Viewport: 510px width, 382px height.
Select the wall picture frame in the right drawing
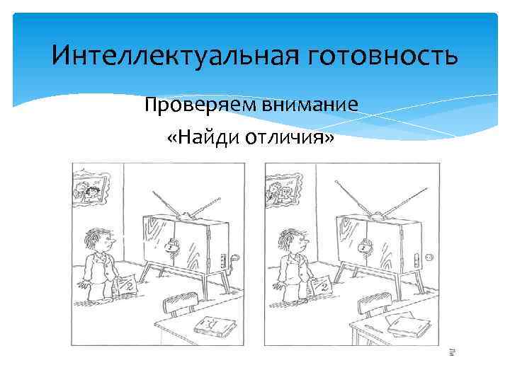(x=280, y=189)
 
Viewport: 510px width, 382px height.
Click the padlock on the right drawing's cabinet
(x=363, y=246)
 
